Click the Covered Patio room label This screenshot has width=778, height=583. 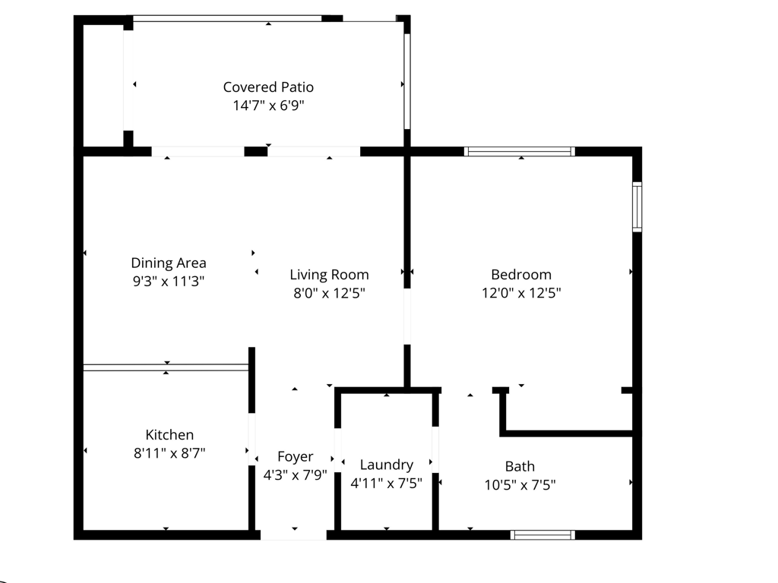coord(268,87)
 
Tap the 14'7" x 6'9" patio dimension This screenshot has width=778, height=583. coord(268,106)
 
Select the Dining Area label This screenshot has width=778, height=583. coord(169,263)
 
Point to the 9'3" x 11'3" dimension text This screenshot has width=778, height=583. coord(169,281)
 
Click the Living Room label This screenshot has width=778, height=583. coord(329,275)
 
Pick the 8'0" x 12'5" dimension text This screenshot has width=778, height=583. coord(329,293)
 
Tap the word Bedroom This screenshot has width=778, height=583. coord(521,275)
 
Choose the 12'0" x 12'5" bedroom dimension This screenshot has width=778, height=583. coord(521,293)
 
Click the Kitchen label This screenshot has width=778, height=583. coord(169,435)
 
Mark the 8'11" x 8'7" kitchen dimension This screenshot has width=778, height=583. coord(169,453)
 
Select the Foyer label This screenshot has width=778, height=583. coord(295,457)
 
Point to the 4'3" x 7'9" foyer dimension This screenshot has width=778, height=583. coord(295,475)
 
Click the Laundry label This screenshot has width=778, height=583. coord(387,465)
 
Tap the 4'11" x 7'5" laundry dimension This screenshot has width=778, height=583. coord(387,483)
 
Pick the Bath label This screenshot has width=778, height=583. coord(520,466)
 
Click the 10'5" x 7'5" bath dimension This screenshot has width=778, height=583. coord(520,484)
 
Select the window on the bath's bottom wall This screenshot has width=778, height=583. coord(542,535)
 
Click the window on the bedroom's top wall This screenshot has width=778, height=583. coord(520,151)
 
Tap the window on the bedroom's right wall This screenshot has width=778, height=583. coord(637,206)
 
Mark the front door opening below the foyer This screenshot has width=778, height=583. coord(294,535)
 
